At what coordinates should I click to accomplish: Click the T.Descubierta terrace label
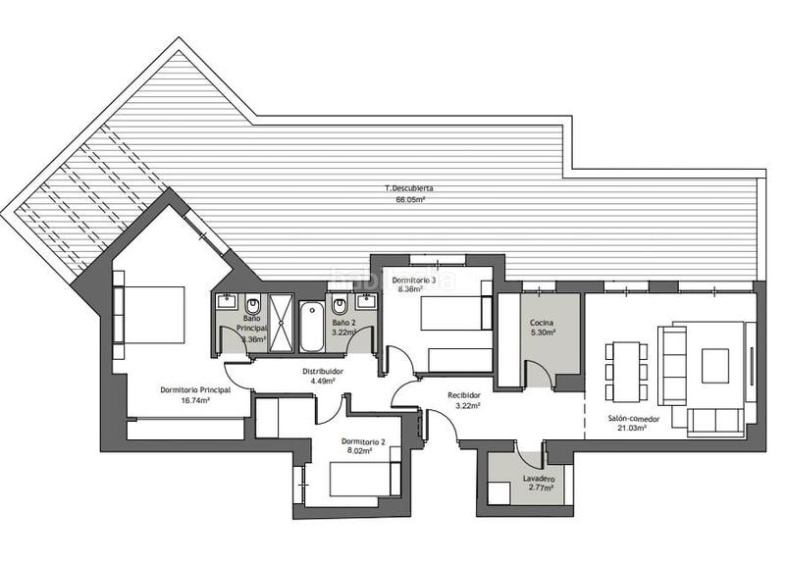tap(408, 186)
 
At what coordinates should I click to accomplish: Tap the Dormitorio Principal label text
tap(195, 389)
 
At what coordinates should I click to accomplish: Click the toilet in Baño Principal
tap(251, 303)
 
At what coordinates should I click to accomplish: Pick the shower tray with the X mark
tap(281, 323)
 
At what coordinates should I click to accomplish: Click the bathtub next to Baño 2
tap(310, 327)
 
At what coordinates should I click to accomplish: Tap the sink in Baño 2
tap(365, 301)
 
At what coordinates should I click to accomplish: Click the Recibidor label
tap(464, 394)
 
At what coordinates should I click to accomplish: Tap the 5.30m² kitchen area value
tap(543, 333)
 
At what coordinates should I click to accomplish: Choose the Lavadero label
tap(540, 480)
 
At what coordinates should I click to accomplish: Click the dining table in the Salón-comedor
tap(626, 369)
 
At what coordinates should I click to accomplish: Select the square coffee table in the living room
tap(714, 366)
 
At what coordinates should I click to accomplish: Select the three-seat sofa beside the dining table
tap(672, 365)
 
